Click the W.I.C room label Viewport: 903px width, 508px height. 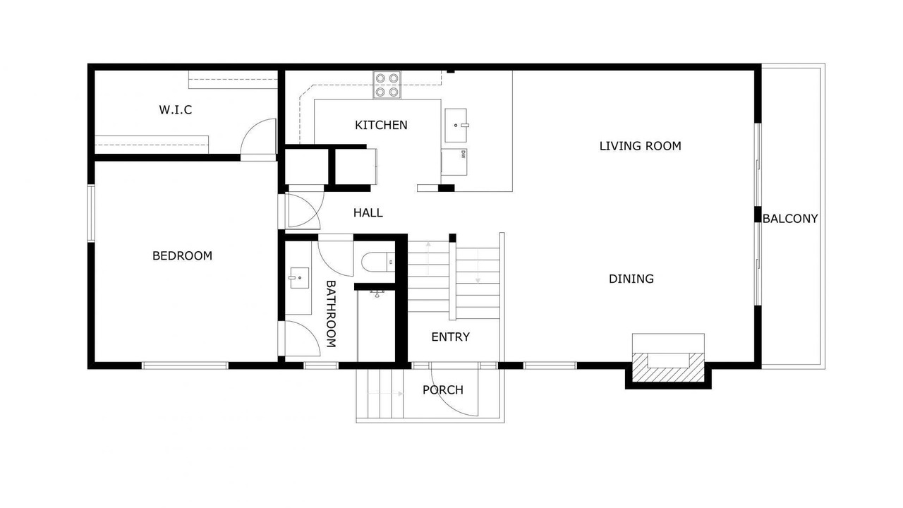click(x=176, y=109)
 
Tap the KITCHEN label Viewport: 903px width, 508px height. click(x=381, y=126)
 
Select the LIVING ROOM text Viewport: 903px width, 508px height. click(x=640, y=146)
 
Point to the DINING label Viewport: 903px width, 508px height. click(x=631, y=279)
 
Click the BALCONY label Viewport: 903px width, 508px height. click(x=790, y=219)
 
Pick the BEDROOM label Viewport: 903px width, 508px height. click(x=182, y=255)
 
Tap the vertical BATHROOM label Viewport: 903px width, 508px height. click(x=331, y=314)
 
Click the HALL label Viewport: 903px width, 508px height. click(x=368, y=213)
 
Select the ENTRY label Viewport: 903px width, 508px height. click(x=450, y=337)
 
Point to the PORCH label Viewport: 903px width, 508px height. click(x=442, y=390)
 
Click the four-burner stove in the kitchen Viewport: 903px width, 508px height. click(x=387, y=85)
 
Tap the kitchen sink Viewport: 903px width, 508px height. click(x=456, y=126)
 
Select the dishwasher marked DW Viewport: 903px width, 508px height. click(x=454, y=162)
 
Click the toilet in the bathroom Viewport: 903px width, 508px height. click(x=378, y=262)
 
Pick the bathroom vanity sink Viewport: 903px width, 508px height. click(x=298, y=278)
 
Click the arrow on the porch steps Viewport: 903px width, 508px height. click(x=385, y=394)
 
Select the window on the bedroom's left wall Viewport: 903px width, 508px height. click(x=91, y=213)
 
